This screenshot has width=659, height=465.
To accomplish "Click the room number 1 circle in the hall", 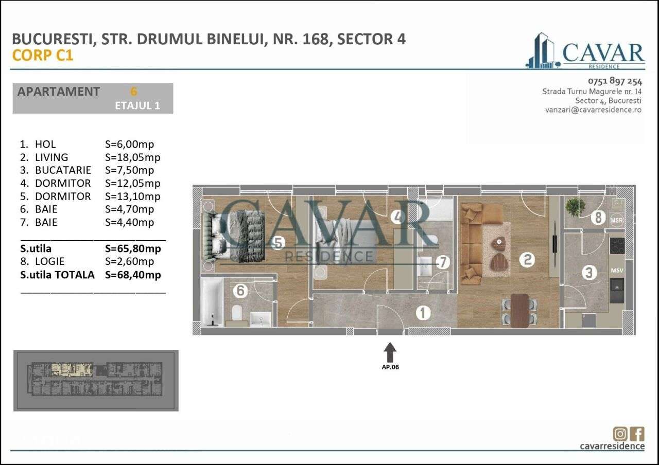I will click(423, 312).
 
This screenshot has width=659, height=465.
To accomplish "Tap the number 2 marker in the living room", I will click(527, 260).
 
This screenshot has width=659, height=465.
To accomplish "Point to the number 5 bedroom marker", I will click(278, 243).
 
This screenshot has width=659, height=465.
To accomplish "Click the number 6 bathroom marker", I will click(240, 291).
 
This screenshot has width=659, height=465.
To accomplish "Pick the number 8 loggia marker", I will click(598, 218).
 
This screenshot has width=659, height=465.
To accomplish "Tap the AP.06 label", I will click(390, 367).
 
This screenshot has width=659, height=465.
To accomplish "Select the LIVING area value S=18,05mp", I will click(132, 157).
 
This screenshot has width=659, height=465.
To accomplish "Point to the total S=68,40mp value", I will click(132, 275).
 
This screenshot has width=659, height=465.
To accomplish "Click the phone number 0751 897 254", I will click(615, 81).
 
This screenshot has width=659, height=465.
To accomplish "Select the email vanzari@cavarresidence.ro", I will click(594, 110).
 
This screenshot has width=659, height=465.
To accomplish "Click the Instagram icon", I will click(619, 434).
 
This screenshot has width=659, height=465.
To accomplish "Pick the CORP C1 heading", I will click(43, 56).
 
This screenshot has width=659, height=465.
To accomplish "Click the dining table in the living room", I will click(520, 310).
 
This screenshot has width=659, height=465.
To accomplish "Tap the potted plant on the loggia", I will click(575, 207).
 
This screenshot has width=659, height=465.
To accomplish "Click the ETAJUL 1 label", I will click(137, 105).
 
